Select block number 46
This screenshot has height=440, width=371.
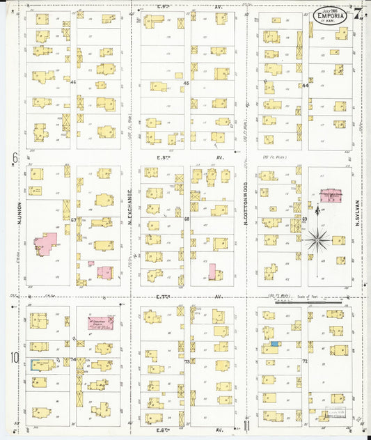73,81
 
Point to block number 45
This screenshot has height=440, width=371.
187,84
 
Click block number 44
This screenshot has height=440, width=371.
305,86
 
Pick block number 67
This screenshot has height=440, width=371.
73,219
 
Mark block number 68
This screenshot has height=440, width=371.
187,219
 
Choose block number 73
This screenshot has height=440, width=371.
187,362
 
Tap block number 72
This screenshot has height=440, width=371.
305,362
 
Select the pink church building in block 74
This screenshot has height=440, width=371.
100,323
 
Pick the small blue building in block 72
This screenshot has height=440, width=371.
275,343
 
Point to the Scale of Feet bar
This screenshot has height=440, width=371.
317,302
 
